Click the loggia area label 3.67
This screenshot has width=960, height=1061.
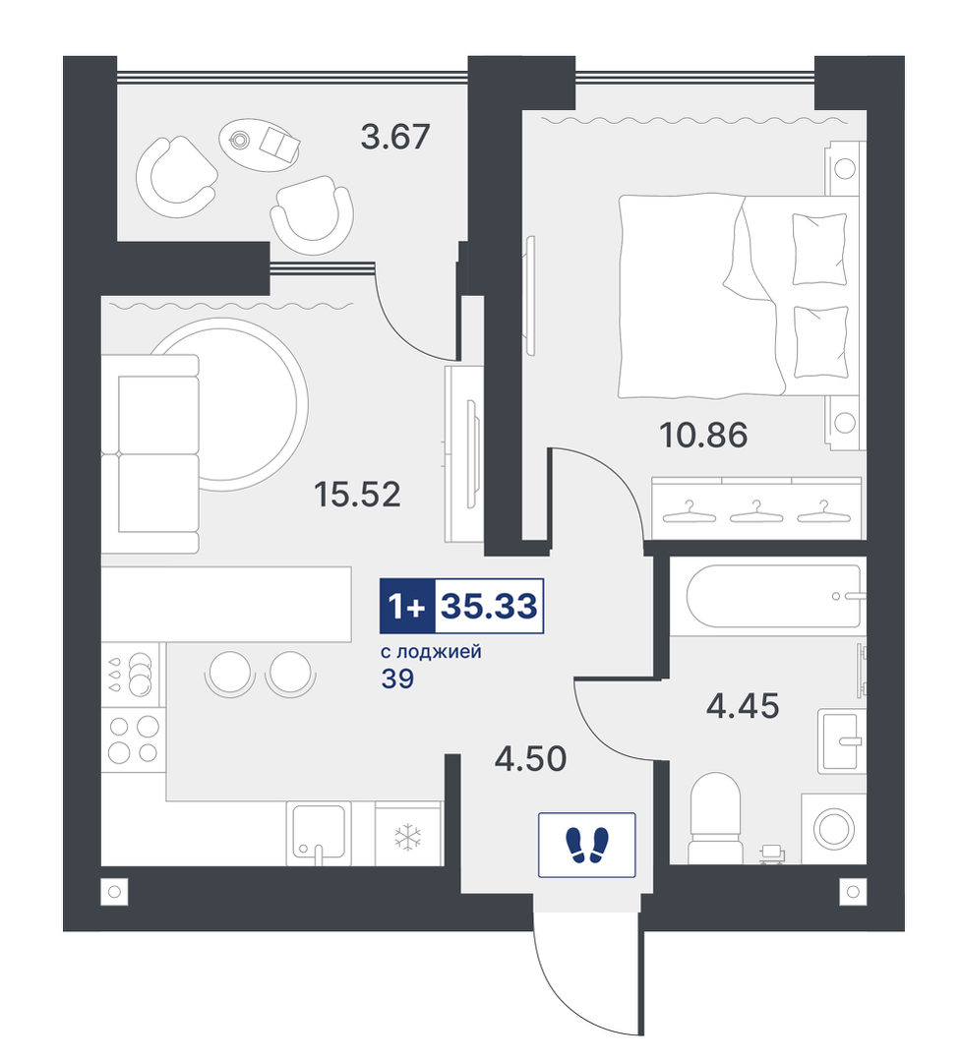(395, 137)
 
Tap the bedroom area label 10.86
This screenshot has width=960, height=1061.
(703, 435)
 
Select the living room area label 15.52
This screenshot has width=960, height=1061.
(357, 495)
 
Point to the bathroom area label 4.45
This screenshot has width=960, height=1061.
(743, 706)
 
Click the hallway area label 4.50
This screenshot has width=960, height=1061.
(531, 758)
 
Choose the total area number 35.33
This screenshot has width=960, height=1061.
(490, 607)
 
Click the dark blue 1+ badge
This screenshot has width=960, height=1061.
(407, 607)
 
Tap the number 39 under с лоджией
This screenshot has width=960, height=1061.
(397, 678)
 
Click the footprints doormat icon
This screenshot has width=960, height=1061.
(586, 845)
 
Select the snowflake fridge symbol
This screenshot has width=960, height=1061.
(408, 837)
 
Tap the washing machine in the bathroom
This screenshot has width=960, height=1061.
(833, 829)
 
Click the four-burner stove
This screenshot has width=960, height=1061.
(134, 739)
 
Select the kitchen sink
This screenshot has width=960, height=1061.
(318, 834)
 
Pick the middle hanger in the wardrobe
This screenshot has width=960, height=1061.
(755, 512)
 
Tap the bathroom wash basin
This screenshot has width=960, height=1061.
(842, 741)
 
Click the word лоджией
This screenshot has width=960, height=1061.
(439, 652)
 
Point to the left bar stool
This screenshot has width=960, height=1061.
(230, 673)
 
